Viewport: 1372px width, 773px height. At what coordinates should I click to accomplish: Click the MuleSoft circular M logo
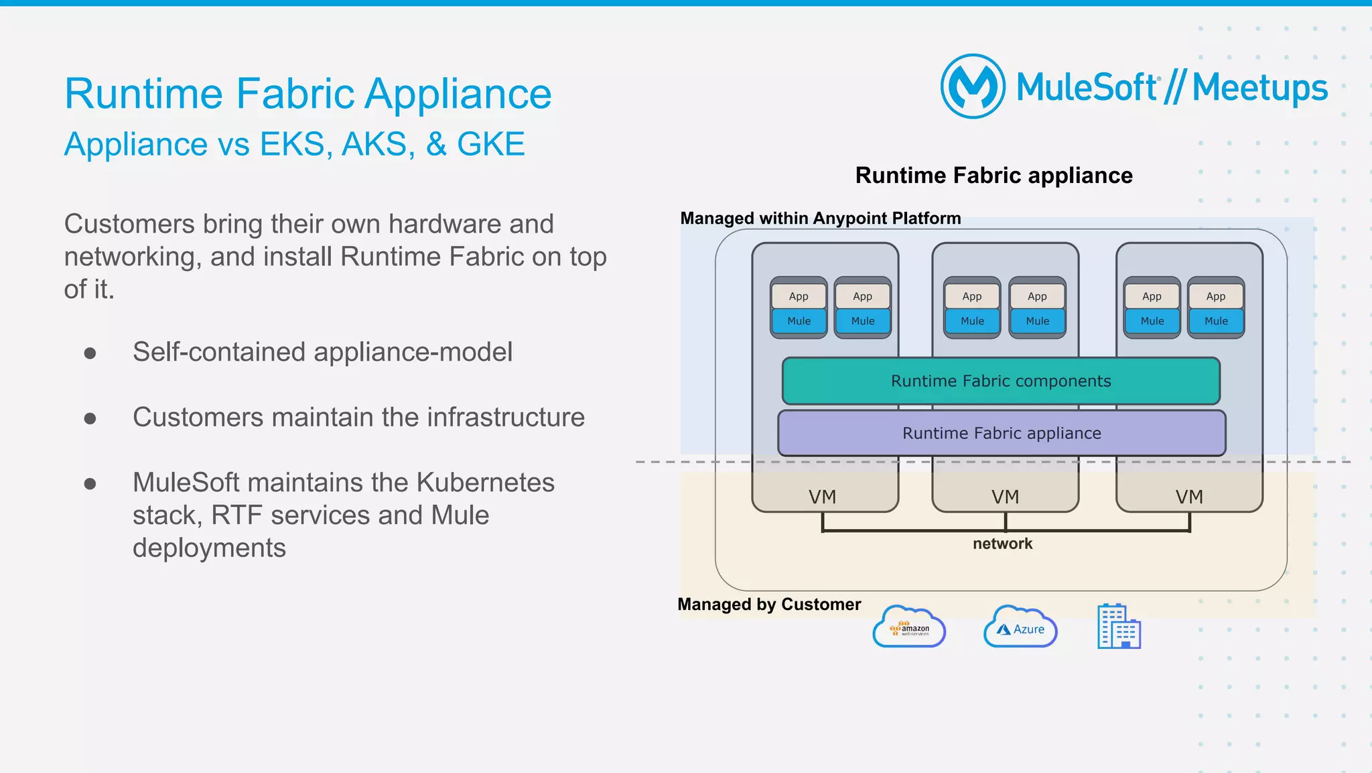(973, 86)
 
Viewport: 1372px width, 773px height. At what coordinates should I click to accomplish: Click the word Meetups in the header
(1259, 88)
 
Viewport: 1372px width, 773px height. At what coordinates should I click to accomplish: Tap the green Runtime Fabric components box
(1001, 381)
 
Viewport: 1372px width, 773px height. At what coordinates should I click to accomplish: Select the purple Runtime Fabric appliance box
(1002, 433)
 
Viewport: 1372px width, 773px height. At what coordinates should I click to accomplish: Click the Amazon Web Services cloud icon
(909, 628)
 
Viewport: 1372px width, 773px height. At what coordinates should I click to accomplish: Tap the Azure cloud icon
(1020, 628)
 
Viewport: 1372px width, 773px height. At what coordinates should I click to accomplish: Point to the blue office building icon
(1119, 626)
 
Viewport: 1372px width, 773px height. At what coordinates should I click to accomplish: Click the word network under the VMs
(1002, 544)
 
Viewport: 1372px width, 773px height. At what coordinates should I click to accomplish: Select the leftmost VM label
(822, 497)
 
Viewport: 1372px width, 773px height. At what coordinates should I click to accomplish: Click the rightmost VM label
(1189, 497)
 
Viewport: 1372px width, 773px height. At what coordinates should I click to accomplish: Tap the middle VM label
(1005, 497)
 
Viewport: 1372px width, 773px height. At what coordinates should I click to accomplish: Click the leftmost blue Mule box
(799, 321)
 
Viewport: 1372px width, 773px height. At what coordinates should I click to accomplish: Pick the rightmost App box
(1215, 296)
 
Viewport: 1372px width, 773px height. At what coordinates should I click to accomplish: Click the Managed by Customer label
(769, 604)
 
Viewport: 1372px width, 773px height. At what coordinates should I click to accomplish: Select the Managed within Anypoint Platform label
(820, 219)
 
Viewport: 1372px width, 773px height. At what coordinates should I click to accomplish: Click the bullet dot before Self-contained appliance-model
(90, 353)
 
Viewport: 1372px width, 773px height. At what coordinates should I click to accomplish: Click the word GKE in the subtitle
(490, 144)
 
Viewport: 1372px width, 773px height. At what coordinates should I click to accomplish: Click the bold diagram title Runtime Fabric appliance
(993, 176)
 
